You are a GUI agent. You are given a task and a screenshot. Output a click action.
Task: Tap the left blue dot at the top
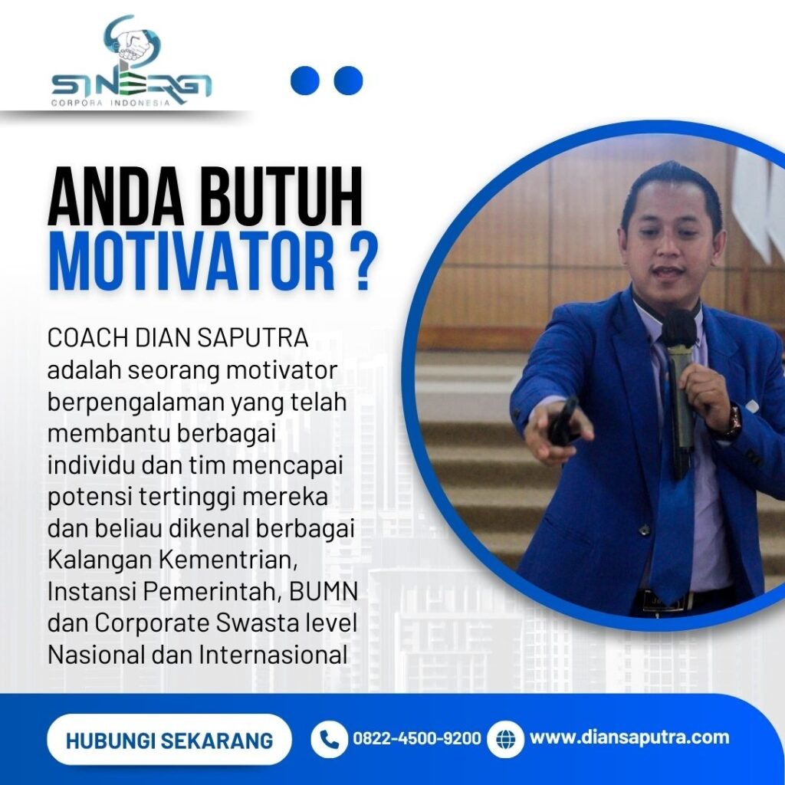point(305,80)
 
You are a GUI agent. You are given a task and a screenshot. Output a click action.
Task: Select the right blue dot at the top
point(349,80)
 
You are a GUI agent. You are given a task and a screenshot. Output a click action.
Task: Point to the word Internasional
point(273,655)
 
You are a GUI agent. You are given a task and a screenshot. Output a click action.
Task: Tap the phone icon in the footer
point(329,739)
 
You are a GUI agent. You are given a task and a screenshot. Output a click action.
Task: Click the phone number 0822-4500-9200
point(417,738)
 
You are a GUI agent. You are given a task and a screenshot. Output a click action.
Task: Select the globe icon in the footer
point(505,739)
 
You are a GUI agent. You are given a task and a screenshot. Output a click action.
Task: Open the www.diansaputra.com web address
point(629,737)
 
